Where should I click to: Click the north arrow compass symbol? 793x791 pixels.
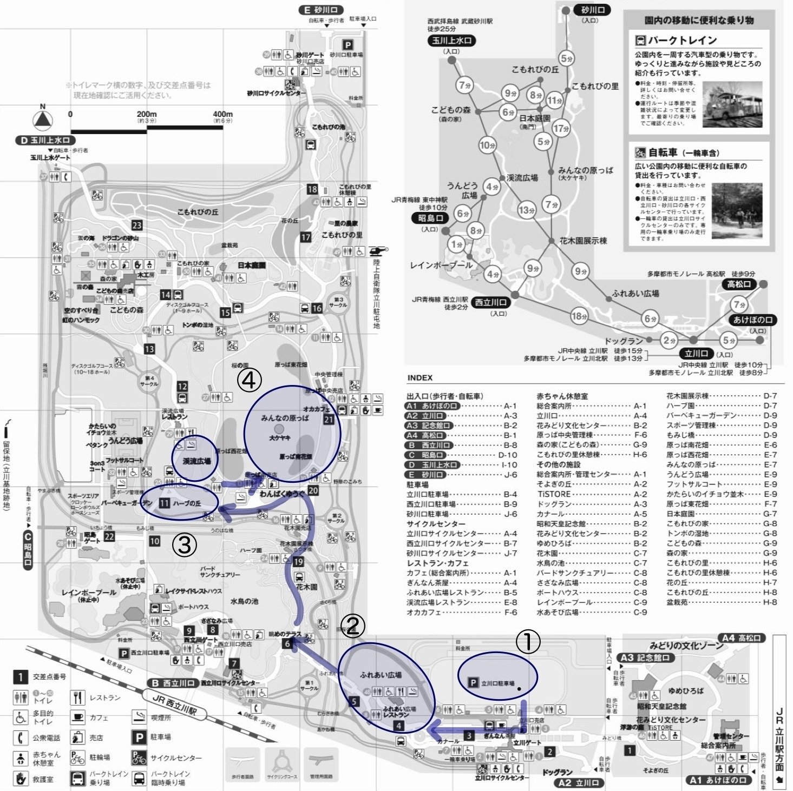point(43,119)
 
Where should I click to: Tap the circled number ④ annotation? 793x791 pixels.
point(249,381)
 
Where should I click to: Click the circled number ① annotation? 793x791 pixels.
point(528,642)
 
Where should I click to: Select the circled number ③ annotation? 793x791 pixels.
point(184,545)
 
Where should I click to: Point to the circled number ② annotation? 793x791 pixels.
point(352,626)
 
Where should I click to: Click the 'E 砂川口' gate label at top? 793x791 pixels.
point(321,10)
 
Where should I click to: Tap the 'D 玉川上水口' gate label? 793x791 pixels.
point(45,140)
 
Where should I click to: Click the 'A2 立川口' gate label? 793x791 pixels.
point(579,782)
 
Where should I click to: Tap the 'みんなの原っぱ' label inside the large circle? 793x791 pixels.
point(285,418)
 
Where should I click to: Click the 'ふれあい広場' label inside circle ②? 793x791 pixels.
point(381,675)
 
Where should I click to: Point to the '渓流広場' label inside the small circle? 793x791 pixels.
point(196,461)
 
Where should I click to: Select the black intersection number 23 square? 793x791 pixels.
point(137,225)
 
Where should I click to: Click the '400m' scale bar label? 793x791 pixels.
point(222,114)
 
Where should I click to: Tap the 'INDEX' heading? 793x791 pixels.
point(420,377)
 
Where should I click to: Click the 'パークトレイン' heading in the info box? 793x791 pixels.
point(683,41)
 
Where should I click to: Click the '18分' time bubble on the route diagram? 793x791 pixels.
point(579,316)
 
